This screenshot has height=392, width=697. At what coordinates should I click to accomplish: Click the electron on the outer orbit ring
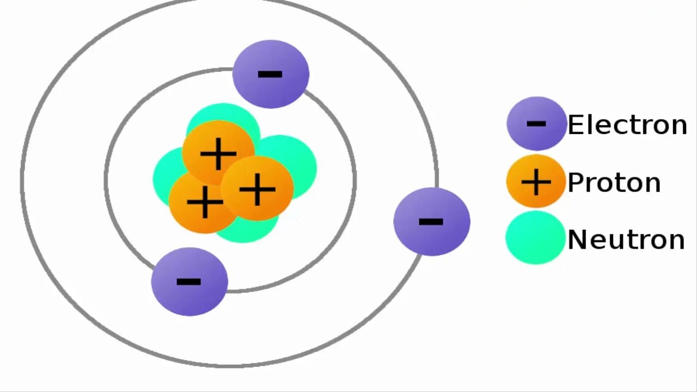(x=431, y=222)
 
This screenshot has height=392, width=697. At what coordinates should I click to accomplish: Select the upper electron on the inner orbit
(x=271, y=74)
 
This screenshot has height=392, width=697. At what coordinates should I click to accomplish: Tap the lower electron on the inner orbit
(x=189, y=281)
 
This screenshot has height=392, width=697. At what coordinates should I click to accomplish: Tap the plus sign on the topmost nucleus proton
(x=218, y=154)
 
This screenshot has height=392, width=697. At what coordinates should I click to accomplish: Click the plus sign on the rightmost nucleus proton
(x=257, y=189)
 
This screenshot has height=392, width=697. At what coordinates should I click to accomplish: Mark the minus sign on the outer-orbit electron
(x=431, y=222)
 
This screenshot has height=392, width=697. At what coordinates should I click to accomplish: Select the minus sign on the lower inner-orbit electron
(x=189, y=281)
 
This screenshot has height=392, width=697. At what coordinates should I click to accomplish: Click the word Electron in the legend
(x=627, y=125)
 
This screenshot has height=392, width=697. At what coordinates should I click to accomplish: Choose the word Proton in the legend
(x=614, y=182)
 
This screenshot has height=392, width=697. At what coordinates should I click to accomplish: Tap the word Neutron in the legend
(x=626, y=240)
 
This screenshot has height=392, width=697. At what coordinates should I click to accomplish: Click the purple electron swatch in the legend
(x=536, y=124)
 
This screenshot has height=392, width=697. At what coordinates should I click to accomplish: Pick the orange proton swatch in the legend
(x=536, y=181)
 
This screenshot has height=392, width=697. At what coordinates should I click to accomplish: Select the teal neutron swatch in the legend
(x=535, y=238)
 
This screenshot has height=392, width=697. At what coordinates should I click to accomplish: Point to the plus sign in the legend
(x=536, y=182)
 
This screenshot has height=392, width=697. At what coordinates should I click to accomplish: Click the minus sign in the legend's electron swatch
(x=536, y=124)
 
